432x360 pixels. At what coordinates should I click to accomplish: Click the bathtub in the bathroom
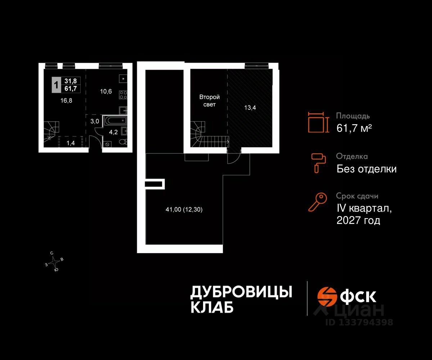(x=115, y=120)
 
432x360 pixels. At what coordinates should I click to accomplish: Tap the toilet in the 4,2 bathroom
(x=124, y=142)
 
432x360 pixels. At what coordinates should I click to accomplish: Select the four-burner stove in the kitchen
(x=123, y=95)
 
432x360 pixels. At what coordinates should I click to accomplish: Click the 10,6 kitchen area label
(x=106, y=91)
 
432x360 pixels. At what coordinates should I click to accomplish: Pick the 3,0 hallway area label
(x=95, y=121)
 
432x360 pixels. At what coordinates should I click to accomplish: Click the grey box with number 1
(x=56, y=85)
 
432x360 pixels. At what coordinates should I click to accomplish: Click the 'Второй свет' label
(x=210, y=101)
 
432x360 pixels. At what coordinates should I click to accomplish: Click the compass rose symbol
(x=54, y=261)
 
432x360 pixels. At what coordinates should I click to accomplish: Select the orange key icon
(x=318, y=202)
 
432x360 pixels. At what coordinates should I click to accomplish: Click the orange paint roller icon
(x=318, y=162)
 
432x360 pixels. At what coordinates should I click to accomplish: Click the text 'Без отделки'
(x=366, y=168)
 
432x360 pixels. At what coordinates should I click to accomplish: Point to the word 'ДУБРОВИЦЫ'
(x=241, y=292)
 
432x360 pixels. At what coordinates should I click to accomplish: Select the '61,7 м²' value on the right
(x=354, y=128)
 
